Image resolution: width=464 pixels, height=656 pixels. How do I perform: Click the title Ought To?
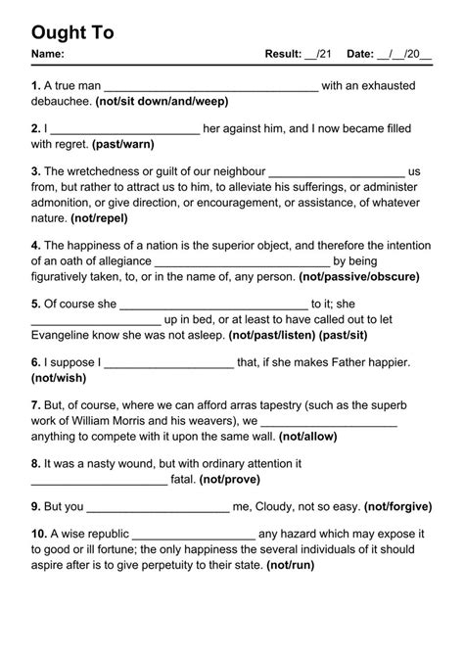point(72,32)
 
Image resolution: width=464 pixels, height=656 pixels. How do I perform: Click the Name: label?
point(48,55)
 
